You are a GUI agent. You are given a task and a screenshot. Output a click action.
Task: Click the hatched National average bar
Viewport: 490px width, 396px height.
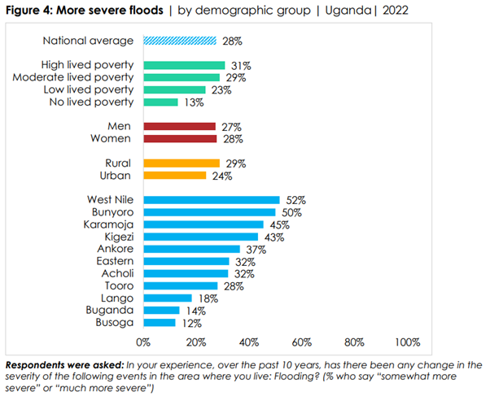point(180,40)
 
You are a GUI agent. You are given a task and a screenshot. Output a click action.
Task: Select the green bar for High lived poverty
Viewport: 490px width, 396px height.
point(184,65)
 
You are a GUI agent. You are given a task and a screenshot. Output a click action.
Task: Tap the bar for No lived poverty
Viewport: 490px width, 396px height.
point(160,102)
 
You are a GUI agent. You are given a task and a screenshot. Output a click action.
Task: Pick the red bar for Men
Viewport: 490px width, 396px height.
point(179,127)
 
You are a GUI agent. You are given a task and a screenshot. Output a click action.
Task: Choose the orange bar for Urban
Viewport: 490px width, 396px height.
point(175,175)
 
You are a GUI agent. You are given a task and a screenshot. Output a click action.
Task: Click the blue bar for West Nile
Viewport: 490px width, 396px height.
point(212,199)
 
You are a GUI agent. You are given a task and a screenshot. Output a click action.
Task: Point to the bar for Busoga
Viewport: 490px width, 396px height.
point(160,323)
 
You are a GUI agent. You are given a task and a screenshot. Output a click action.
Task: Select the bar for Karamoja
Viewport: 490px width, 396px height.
point(203,224)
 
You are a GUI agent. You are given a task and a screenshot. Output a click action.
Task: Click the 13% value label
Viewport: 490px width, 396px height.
point(190,102)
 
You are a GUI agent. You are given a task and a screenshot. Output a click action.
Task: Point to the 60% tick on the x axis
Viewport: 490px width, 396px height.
point(302,341)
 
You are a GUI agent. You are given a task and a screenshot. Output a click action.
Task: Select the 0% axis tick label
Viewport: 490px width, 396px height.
point(143,341)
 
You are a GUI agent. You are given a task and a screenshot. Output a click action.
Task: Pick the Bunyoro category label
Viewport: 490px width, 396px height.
point(112,212)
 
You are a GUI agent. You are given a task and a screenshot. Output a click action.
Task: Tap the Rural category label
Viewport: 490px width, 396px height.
point(119,163)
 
